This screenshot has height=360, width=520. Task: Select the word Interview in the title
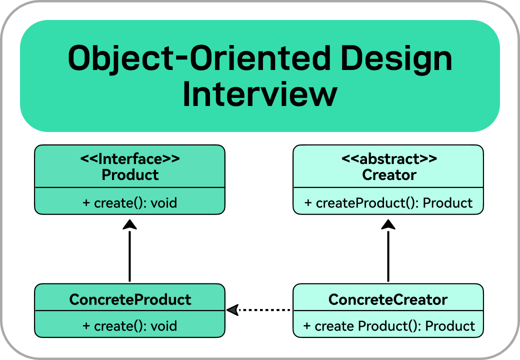pos(259,94)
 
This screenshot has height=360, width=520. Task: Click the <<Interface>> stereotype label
pos(129,159)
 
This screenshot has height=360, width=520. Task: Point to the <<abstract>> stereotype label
pos(388,159)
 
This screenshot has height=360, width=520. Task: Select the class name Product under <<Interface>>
pos(130,175)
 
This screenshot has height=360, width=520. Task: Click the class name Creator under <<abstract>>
pos(388,175)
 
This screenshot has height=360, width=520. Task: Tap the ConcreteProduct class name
pos(130,299)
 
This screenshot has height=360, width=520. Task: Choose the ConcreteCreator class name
pos(388,299)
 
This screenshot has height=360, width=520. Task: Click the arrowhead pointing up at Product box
pos(129,224)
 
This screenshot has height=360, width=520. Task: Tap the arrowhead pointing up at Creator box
pos(388,224)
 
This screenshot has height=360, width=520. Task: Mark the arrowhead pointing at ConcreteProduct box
pos(232,310)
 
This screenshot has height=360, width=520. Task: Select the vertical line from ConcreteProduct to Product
pos(129,255)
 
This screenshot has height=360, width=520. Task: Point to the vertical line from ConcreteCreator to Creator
pos(388,255)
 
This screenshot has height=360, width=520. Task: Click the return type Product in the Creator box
pos(448,203)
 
